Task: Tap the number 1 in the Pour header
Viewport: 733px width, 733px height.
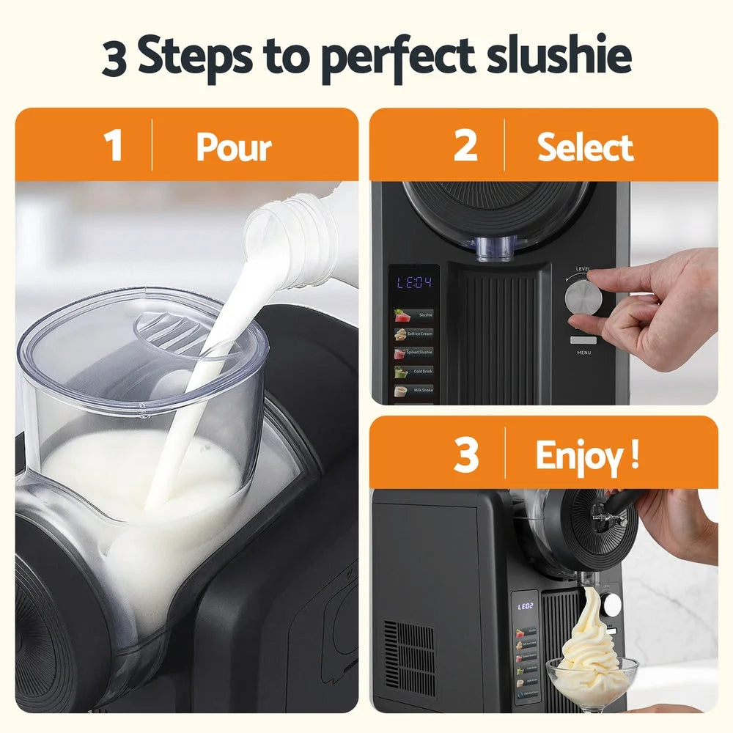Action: click(x=113, y=145)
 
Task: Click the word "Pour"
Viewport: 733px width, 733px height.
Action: click(x=234, y=148)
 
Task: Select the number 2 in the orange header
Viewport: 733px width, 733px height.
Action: click(x=465, y=145)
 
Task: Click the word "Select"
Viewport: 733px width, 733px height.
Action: click(x=585, y=148)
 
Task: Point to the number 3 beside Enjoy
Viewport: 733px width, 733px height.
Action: click(x=465, y=454)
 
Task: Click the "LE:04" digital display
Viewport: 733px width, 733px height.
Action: click(x=414, y=283)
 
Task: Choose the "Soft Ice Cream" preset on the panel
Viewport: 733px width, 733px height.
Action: click(x=414, y=334)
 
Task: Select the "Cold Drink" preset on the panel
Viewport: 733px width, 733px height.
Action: click(x=414, y=372)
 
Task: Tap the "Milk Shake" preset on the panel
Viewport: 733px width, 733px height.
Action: click(x=414, y=391)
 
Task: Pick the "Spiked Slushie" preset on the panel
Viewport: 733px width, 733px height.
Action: click(x=414, y=353)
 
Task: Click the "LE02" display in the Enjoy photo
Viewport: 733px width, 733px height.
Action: click(x=526, y=606)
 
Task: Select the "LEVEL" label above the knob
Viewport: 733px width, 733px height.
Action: click(x=583, y=269)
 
